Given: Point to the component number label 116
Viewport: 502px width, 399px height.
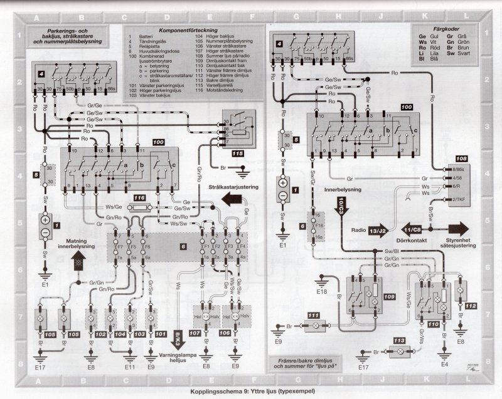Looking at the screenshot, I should click(139, 197).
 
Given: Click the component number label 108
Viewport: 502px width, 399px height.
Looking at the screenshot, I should click(461, 160).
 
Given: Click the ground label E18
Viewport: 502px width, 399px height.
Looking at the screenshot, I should click(322, 292).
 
